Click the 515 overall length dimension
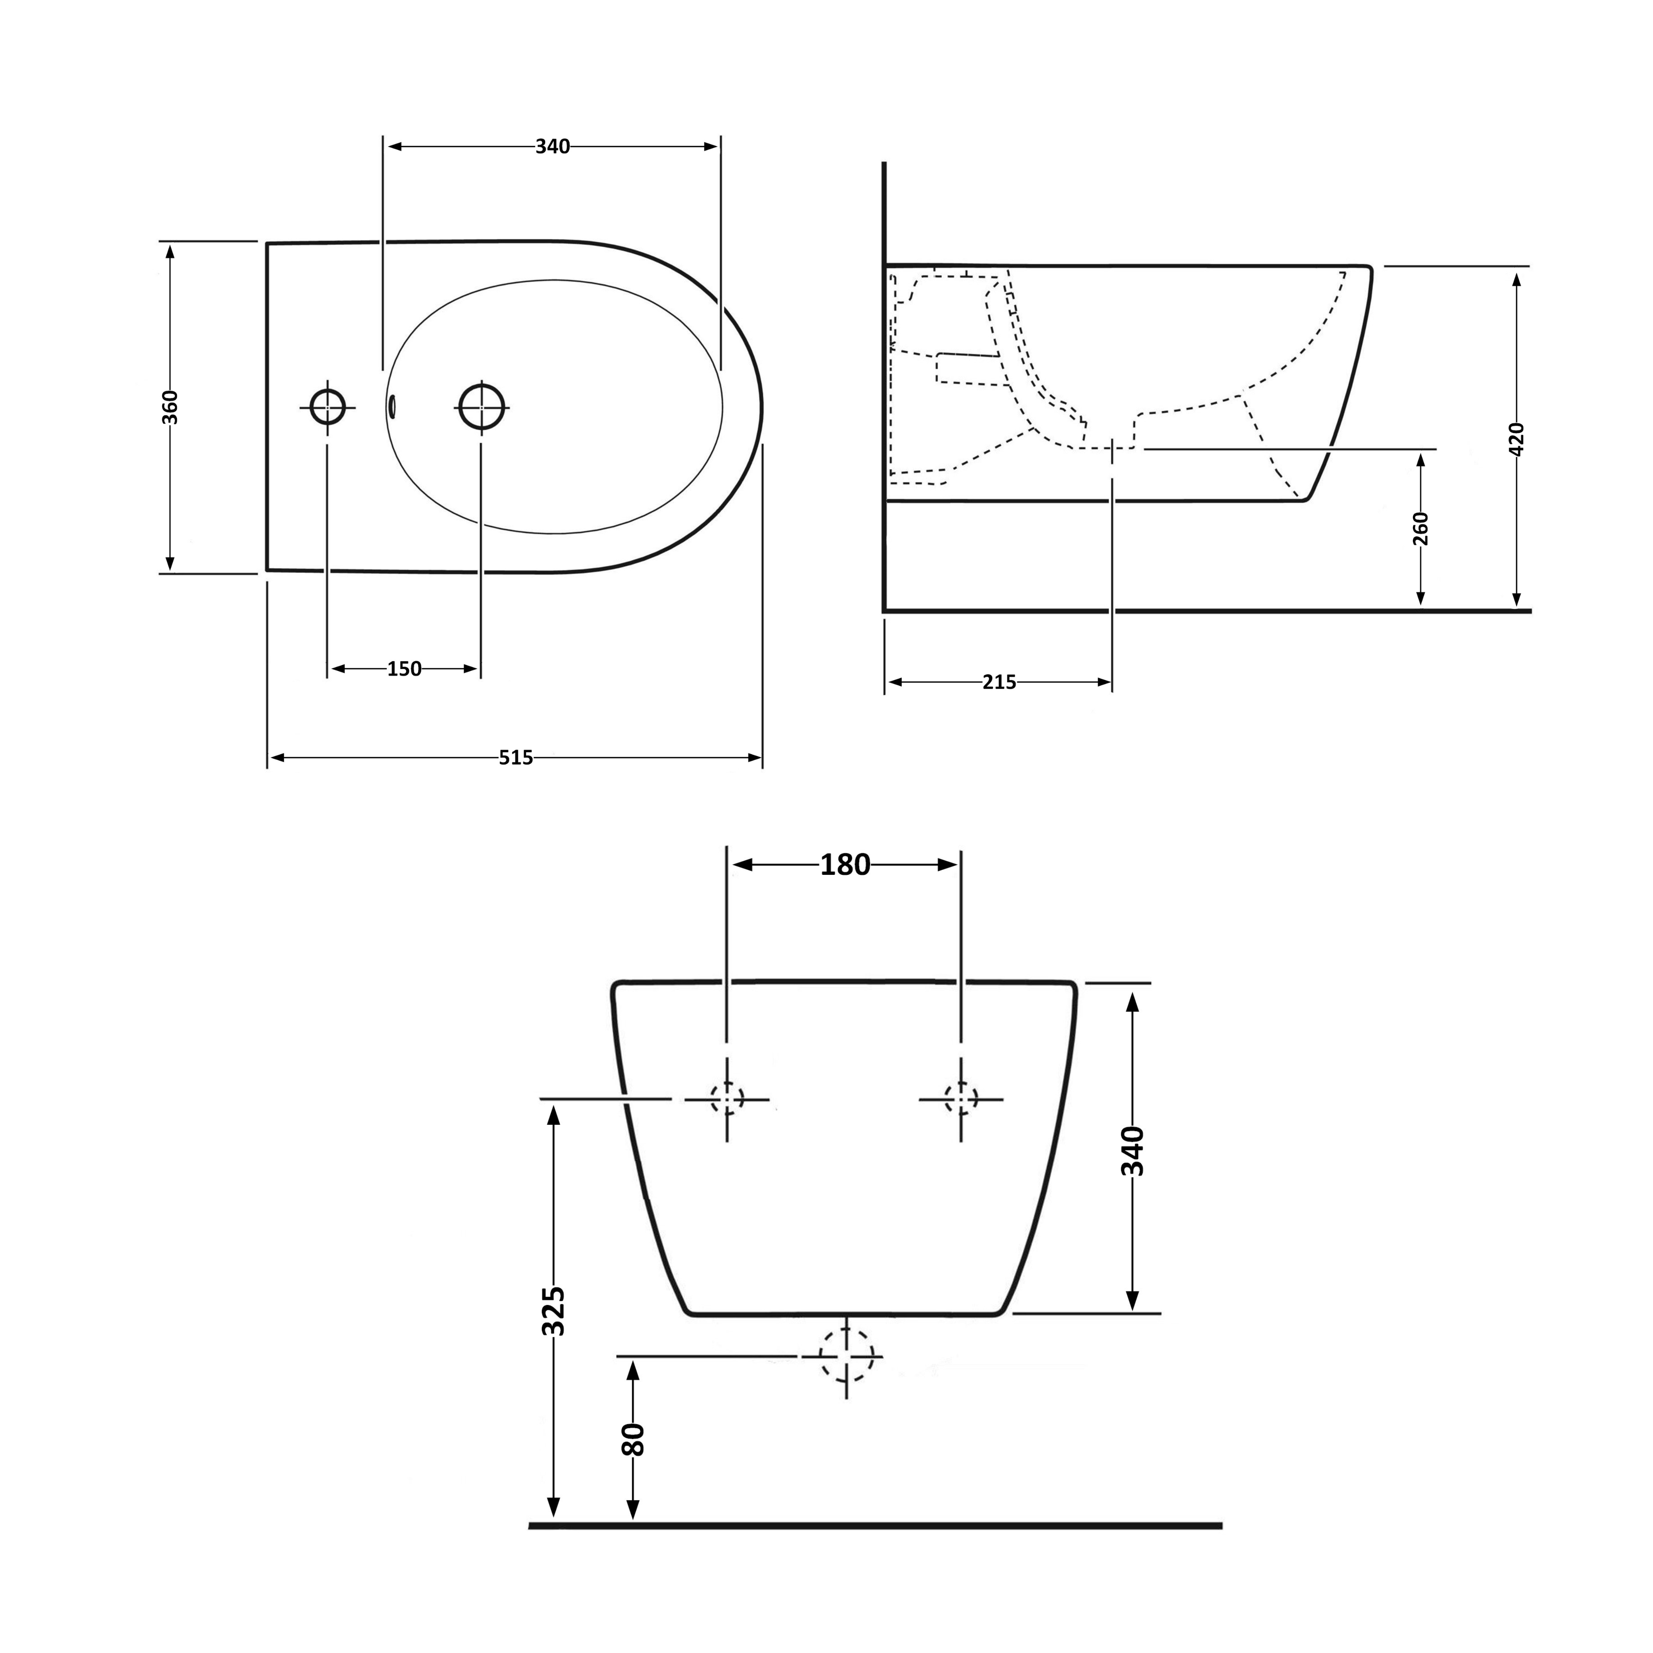[516, 757]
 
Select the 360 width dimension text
[170, 407]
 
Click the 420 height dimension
[1517, 439]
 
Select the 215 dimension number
[999, 682]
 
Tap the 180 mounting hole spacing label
[846, 865]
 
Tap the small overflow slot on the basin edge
[393, 406]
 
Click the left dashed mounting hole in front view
[727, 1098]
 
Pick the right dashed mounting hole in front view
[961, 1098]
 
